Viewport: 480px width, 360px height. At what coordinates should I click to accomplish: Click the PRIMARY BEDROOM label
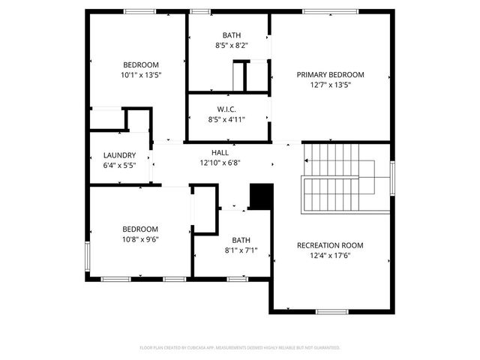pyautogui.click(x=330, y=74)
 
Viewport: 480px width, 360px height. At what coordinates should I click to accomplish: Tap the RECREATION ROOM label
pyautogui.click(x=330, y=245)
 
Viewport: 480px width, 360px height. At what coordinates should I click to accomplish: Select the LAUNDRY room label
pyautogui.click(x=119, y=155)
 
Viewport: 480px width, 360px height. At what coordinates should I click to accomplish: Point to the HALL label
pyautogui.click(x=220, y=152)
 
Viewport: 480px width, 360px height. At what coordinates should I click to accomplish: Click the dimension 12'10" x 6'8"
pyautogui.click(x=220, y=162)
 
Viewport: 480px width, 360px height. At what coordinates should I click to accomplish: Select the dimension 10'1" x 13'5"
pyautogui.click(x=141, y=75)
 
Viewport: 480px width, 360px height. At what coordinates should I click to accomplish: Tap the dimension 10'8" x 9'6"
pyautogui.click(x=141, y=239)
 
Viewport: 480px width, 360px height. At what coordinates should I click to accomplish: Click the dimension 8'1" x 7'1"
pyautogui.click(x=241, y=250)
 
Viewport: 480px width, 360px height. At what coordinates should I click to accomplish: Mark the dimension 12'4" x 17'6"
pyautogui.click(x=330, y=255)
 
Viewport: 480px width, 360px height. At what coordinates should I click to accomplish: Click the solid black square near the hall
pyautogui.click(x=261, y=197)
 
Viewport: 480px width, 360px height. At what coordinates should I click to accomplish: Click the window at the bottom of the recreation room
pyautogui.click(x=331, y=311)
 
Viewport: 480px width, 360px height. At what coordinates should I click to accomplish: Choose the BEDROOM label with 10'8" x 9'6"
pyautogui.click(x=141, y=229)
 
